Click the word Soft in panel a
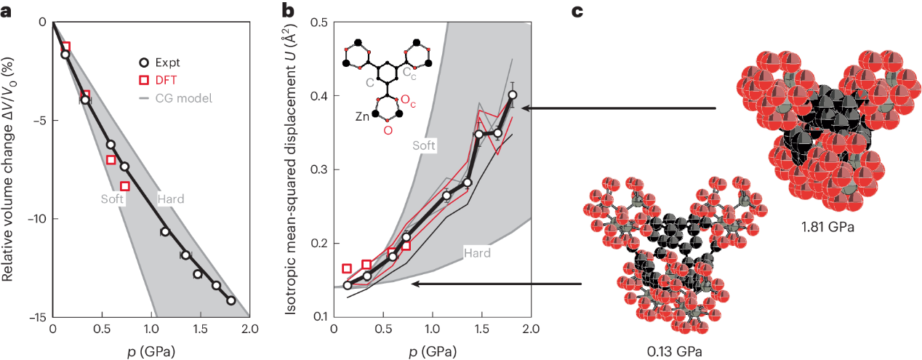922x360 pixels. click(x=113, y=198)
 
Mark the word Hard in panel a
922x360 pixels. click(x=170, y=198)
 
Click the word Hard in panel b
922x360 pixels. click(x=477, y=253)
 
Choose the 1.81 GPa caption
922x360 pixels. click(x=824, y=226)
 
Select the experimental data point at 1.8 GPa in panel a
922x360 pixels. click(x=230, y=300)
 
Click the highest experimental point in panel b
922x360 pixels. click(x=513, y=95)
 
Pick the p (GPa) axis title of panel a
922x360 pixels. click(x=151, y=351)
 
